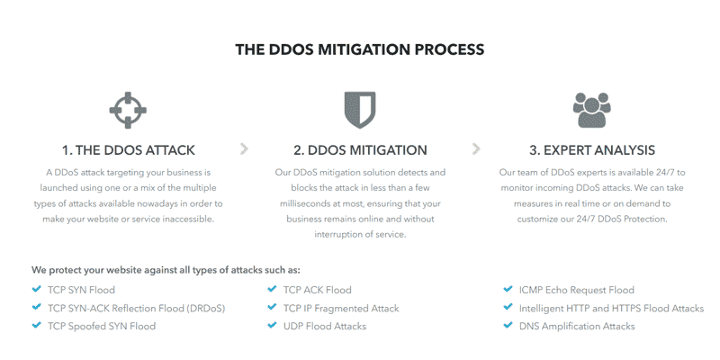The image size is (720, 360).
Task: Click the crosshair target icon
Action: pos(128,110)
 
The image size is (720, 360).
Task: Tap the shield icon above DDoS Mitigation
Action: pos(359,110)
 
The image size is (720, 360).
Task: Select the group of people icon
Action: pos(592,110)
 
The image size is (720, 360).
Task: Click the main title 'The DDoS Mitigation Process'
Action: pos(359,49)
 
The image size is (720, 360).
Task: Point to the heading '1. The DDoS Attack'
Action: pos(129,150)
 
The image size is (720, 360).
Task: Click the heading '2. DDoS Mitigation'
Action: pos(361,150)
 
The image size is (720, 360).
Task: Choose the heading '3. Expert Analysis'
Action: pos(592,150)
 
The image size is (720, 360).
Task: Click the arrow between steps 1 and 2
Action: pos(244,148)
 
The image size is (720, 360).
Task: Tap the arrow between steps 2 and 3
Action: pos(476,148)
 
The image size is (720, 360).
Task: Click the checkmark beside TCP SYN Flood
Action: pos(37,289)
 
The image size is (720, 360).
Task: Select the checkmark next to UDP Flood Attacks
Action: pos(273,326)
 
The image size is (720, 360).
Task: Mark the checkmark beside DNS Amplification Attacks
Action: pos(508,326)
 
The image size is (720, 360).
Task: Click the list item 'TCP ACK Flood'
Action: pos(318,290)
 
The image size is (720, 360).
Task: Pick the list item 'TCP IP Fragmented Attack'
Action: pos(341,309)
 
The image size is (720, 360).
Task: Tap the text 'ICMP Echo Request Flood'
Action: pos(577,290)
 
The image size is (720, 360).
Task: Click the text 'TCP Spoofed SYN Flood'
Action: pos(102,327)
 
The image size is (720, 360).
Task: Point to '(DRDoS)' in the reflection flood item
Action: pos(206,309)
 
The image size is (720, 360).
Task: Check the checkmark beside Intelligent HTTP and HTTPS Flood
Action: pos(508,307)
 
